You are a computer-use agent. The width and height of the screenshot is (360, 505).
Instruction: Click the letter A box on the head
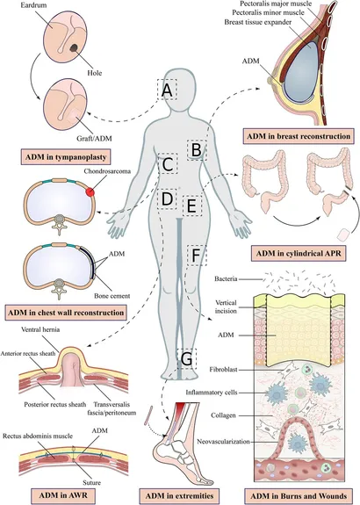point(167,90)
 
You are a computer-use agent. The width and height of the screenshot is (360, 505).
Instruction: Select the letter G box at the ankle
point(187,359)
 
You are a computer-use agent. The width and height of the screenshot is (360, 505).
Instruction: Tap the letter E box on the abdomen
point(192,206)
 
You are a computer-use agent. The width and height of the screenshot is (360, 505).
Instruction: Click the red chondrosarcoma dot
point(90,192)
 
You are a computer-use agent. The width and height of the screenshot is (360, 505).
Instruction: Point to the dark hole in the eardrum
point(74,48)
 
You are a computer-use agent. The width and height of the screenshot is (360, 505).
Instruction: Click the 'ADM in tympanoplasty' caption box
point(66,157)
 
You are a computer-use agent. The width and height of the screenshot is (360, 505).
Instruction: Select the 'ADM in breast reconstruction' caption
point(299,136)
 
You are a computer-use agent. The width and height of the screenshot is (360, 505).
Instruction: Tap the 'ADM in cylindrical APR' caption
point(299,254)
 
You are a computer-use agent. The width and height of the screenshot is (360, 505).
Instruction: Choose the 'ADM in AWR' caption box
point(63,495)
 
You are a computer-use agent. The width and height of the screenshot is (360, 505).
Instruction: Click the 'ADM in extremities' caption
point(179,495)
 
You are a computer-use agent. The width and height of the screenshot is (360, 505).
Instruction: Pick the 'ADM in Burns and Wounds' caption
point(299,496)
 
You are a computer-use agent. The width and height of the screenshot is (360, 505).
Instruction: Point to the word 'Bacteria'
point(226,279)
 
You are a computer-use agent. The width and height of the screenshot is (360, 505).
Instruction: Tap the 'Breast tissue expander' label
point(258,22)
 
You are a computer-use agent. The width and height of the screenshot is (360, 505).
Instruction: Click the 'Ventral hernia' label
point(40,330)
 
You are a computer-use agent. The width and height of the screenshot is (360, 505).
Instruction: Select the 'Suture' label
point(91,482)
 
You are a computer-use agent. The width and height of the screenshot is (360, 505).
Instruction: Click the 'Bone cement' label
point(112,296)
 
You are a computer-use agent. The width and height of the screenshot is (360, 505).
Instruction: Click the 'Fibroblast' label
point(223,370)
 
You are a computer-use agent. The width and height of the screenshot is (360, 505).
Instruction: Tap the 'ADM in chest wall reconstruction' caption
point(66,313)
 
